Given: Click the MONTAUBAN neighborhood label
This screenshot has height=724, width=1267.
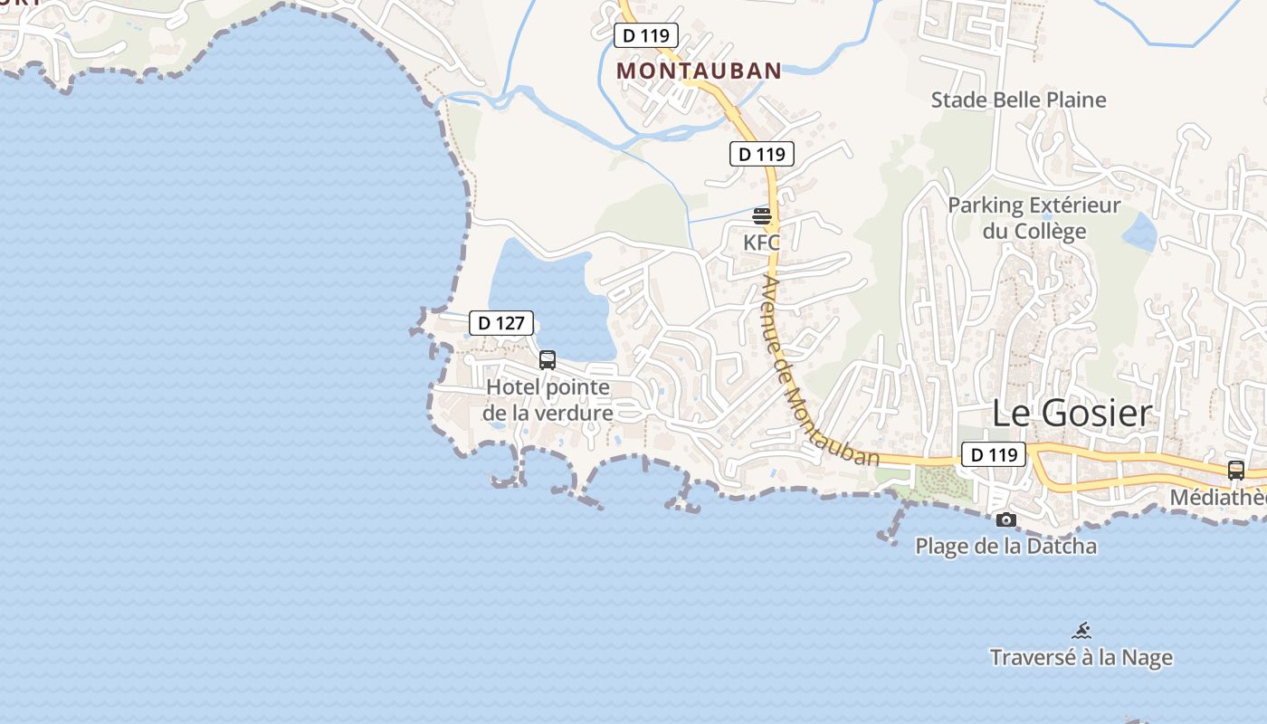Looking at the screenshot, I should click(699, 71).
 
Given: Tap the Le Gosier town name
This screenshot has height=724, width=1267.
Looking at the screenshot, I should click(1072, 413).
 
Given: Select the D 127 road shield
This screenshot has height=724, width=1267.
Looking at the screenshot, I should click(501, 323).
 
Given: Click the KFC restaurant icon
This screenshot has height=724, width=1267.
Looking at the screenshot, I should click(762, 215).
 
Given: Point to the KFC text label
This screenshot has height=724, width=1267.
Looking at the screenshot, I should click(761, 243).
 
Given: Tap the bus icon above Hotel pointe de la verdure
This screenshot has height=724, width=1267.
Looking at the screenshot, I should click(548, 360).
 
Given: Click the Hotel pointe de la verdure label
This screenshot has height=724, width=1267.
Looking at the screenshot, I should click(548, 400).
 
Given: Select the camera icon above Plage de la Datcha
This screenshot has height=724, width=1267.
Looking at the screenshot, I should click(1005, 520).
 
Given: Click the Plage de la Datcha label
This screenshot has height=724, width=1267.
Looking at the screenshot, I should click(1005, 546).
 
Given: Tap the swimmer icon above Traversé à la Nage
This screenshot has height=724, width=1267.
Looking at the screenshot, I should click(1081, 631).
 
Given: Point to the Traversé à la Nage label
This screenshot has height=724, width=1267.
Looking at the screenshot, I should click(1081, 657).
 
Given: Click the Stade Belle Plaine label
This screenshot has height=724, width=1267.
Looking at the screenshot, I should click(1018, 100).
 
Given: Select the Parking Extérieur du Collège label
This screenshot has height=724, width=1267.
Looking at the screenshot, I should click(1034, 218).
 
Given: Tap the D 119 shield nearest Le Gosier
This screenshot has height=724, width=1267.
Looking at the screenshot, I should click(993, 454).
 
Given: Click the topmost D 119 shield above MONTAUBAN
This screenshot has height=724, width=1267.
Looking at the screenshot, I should click(645, 36).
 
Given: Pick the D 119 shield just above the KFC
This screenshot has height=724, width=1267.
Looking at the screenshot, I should click(761, 154).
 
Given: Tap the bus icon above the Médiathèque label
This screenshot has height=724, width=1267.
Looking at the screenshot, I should click(1235, 471).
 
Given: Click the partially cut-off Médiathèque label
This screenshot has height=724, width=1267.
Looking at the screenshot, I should click(1218, 497).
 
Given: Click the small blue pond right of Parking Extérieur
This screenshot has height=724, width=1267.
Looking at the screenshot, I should click(1139, 233).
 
